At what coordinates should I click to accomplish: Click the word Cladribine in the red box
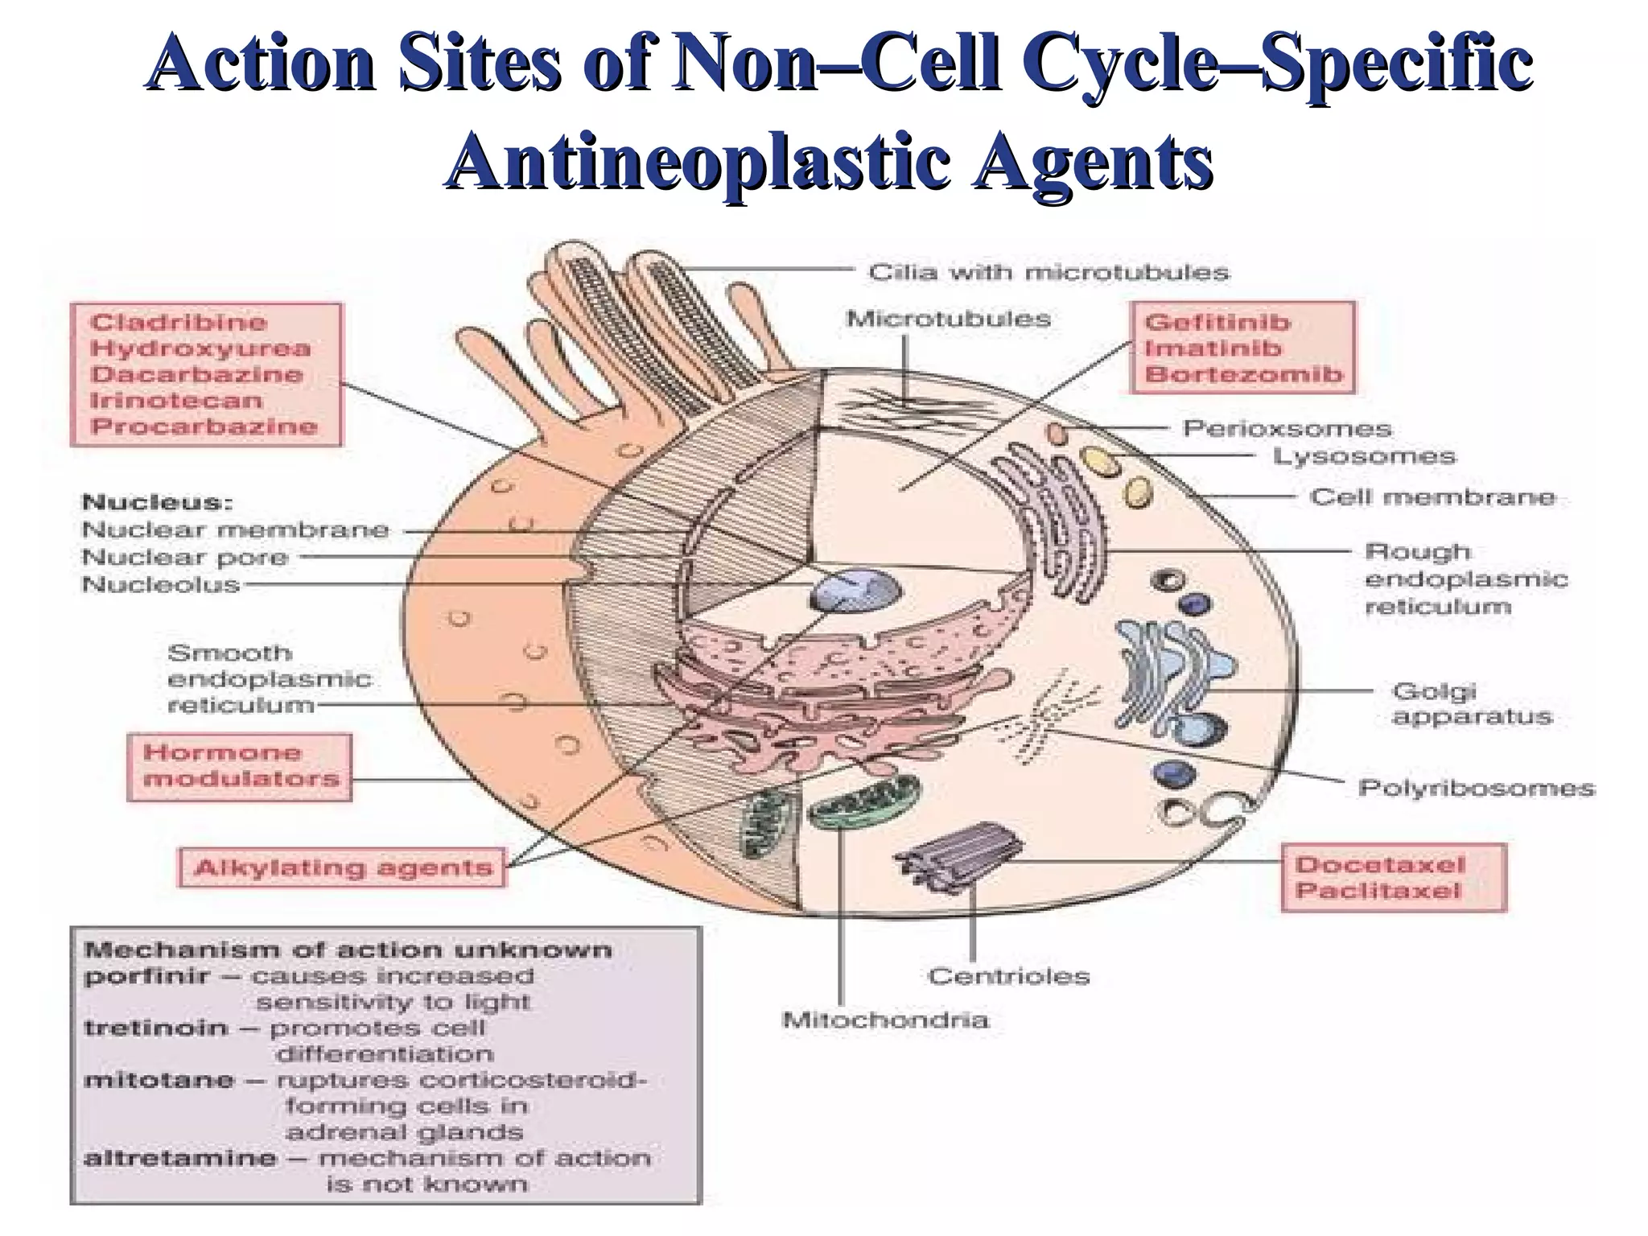(x=178, y=323)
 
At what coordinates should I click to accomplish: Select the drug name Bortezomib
(x=1243, y=374)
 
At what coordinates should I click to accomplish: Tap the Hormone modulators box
(x=240, y=766)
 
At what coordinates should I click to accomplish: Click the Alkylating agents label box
(x=343, y=867)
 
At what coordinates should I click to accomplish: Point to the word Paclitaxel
(x=1378, y=891)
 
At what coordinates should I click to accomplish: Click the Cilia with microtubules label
(x=1049, y=273)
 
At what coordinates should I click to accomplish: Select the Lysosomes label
(x=1364, y=457)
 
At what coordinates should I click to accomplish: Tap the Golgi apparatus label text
(x=1471, y=703)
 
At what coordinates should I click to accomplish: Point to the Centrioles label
(x=1008, y=976)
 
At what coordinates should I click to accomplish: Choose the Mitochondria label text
(x=885, y=1020)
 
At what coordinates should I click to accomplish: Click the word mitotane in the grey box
(x=159, y=1080)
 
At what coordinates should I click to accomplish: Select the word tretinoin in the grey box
(x=154, y=1028)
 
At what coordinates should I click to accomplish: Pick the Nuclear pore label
(x=184, y=557)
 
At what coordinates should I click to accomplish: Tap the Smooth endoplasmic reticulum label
(x=269, y=679)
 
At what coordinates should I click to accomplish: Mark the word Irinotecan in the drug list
(x=175, y=400)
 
